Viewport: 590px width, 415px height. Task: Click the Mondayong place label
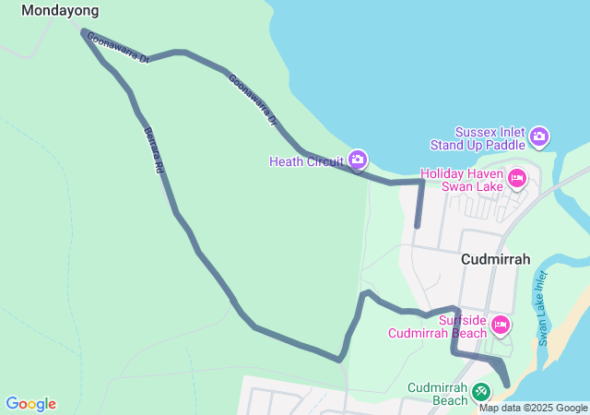pyautogui.click(x=60, y=10)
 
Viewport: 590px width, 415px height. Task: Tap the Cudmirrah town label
pyautogui.click(x=495, y=259)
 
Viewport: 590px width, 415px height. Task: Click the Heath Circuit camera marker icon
pyautogui.click(x=358, y=161)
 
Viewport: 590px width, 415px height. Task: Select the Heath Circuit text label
pyautogui.click(x=306, y=161)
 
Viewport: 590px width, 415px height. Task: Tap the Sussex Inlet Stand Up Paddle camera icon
pyautogui.click(x=539, y=138)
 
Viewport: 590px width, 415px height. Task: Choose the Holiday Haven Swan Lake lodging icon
pyautogui.click(x=516, y=178)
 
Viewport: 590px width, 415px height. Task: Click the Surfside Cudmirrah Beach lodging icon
pyautogui.click(x=501, y=324)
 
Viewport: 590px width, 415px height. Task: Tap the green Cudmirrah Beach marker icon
pyautogui.click(x=480, y=392)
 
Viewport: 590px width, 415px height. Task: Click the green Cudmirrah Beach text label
pyautogui.click(x=438, y=394)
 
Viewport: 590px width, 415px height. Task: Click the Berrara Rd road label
pyautogui.click(x=152, y=150)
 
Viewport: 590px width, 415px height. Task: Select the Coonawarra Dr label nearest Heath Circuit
pyautogui.click(x=253, y=100)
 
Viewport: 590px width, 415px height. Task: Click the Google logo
pyautogui.click(x=30, y=404)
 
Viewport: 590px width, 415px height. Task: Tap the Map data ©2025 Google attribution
pyautogui.click(x=533, y=408)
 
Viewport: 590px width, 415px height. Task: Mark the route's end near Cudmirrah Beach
pyautogui.click(x=506, y=384)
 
